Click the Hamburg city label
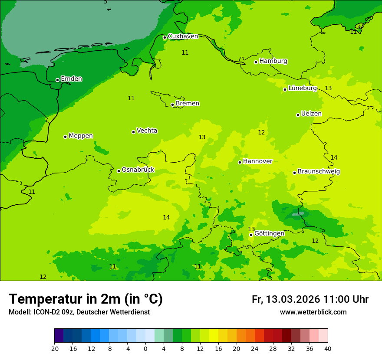coord(273,61)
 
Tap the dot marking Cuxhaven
coord(165,37)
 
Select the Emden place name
coord(71,79)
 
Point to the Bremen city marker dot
coord(172,105)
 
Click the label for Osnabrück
coord(138,170)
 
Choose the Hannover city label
coord(257,161)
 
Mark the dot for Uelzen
coord(298,115)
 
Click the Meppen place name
coord(81,136)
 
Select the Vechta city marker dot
coord(133,132)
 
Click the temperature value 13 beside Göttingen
coord(251,229)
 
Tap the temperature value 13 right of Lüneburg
coord(328,88)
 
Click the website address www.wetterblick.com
coord(313,312)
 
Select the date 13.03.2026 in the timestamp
coord(293,299)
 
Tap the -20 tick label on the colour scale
coord(54,349)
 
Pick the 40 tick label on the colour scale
coord(328,349)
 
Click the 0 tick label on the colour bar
coord(145,349)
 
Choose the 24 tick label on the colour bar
coord(255,349)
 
